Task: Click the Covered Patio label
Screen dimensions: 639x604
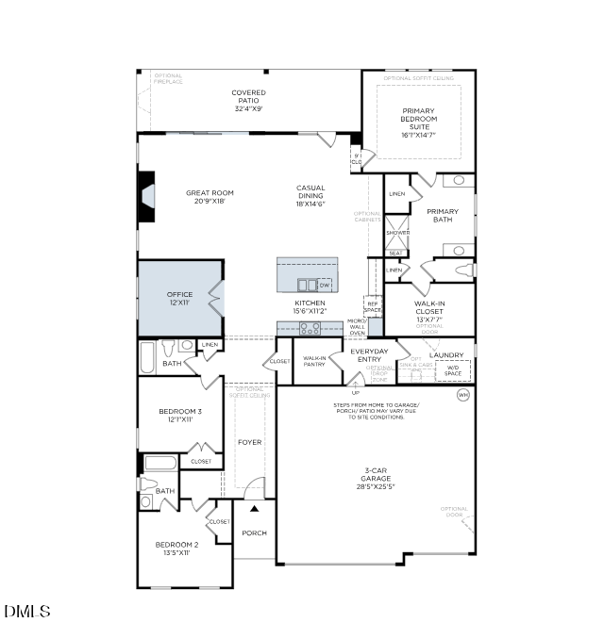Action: pyautogui.click(x=249, y=100)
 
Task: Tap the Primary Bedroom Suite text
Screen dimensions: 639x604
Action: pyautogui.click(x=418, y=123)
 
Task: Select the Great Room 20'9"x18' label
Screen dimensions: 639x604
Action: pyautogui.click(x=210, y=197)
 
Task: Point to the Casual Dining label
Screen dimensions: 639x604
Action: pyautogui.click(x=310, y=195)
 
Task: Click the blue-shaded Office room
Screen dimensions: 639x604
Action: pyautogui.click(x=179, y=298)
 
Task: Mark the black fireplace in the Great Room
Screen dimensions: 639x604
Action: pyautogui.click(x=146, y=197)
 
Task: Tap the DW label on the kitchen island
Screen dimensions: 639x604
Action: pyautogui.click(x=325, y=285)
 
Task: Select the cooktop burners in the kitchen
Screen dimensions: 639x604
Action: pyautogui.click(x=310, y=329)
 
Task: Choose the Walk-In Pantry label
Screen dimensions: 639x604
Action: pyautogui.click(x=314, y=361)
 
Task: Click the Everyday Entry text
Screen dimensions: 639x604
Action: pyautogui.click(x=369, y=355)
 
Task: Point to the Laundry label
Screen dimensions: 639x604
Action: pyautogui.click(x=446, y=355)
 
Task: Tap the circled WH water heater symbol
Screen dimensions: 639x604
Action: pyautogui.click(x=462, y=394)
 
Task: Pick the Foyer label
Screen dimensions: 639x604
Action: pyautogui.click(x=249, y=442)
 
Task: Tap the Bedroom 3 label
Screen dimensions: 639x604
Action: pyautogui.click(x=179, y=416)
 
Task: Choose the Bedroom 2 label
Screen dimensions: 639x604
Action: pyautogui.click(x=176, y=549)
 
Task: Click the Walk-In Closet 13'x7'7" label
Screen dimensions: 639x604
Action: pyautogui.click(x=429, y=312)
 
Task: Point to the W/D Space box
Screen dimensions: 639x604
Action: pyautogui.click(x=453, y=370)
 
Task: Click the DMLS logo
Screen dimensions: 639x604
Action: pyautogui.click(x=27, y=612)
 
